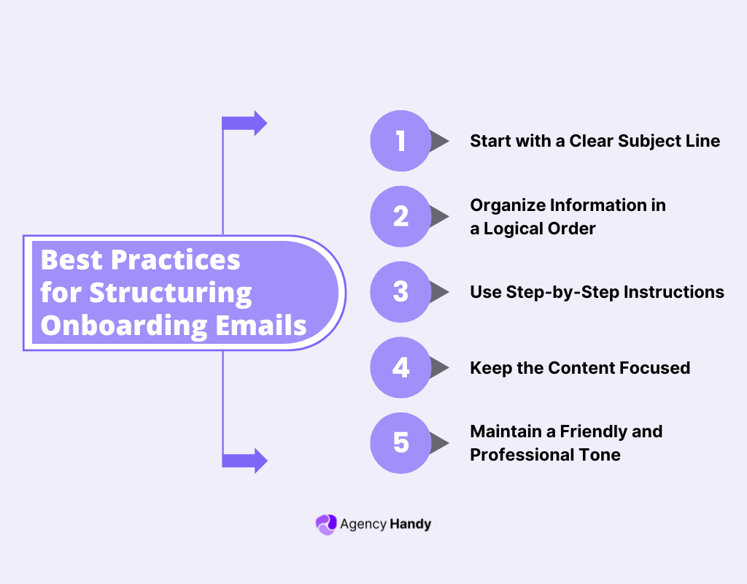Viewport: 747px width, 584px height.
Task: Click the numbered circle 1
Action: point(400,141)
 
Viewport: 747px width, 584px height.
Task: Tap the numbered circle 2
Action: point(400,216)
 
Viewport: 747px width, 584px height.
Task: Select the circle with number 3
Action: point(400,292)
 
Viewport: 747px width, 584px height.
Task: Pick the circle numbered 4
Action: point(400,367)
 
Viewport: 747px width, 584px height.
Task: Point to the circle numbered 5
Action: point(400,443)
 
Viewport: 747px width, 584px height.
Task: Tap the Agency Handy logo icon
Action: point(325,524)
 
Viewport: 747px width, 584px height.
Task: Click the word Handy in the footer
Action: point(411,524)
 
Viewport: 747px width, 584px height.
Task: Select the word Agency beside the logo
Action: point(363,524)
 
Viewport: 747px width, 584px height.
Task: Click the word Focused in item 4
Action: point(654,367)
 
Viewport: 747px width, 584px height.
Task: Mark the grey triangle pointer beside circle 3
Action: point(439,292)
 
